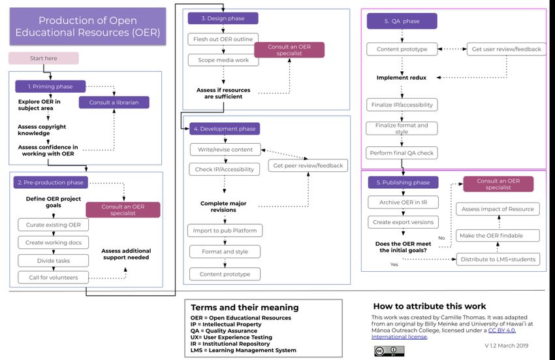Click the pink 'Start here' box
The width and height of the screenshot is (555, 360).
point(44,58)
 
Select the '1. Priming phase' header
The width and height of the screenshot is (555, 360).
point(50,86)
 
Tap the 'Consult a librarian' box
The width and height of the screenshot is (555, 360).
point(114,103)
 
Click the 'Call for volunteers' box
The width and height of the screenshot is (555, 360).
point(54,278)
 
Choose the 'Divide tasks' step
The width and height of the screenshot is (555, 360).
point(54,261)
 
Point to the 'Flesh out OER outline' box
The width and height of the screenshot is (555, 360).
point(223,39)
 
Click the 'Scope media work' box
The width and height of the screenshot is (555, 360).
point(223,60)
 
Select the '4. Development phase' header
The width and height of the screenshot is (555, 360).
point(225,129)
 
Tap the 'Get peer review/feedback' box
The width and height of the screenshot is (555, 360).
point(308,165)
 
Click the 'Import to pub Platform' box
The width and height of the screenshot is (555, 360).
point(225,231)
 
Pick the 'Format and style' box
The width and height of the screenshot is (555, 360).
point(225,252)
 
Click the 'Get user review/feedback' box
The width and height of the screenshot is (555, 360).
point(507,49)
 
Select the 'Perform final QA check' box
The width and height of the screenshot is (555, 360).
point(402,153)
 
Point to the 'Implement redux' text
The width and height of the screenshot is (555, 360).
point(402,78)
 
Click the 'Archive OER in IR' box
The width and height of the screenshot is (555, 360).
point(403,203)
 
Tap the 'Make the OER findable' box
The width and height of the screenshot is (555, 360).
point(498,236)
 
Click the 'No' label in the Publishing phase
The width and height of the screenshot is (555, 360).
point(441,238)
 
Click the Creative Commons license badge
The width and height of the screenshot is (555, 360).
point(389,351)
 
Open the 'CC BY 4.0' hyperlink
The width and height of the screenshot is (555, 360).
point(501,330)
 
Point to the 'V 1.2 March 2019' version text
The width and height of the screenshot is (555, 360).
point(507,346)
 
